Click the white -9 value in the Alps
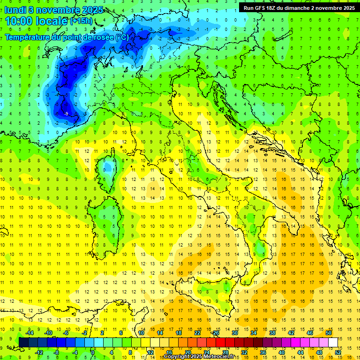[x=66, y=113]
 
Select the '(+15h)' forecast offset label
[x=81, y=22]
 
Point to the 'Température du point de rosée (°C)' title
[x=67, y=37]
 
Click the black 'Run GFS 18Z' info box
[x=299, y=7]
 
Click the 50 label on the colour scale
[x=329, y=333]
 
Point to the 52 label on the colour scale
[x=338, y=352]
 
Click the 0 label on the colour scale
[x=93, y=352]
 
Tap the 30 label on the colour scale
[x=234, y=333]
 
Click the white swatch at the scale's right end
[x=333, y=343]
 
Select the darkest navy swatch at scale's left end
[x=23, y=343]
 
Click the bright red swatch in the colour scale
[x=220, y=343]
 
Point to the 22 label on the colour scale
[x=197, y=333]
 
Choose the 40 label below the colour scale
[x=282, y=352]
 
